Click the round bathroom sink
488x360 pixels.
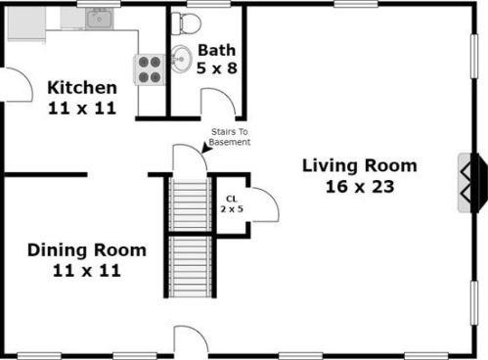(x=182, y=57)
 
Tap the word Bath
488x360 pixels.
(x=216, y=50)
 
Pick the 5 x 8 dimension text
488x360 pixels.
(x=216, y=69)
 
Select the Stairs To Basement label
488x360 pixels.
(x=231, y=137)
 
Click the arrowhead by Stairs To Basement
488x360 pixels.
(x=206, y=148)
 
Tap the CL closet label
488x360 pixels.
(x=232, y=202)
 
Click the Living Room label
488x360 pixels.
(x=359, y=164)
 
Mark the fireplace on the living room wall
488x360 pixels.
(x=470, y=182)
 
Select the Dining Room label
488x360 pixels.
(x=87, y=250)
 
